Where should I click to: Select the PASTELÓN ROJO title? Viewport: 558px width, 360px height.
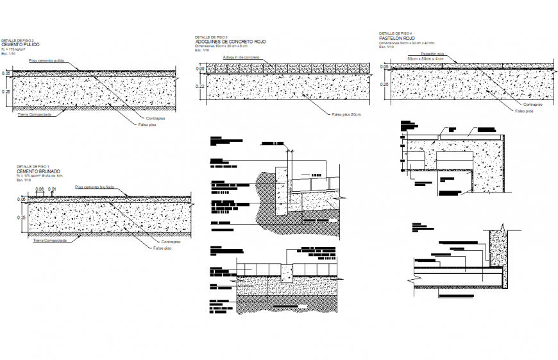397,38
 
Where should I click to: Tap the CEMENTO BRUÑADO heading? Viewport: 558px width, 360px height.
38,171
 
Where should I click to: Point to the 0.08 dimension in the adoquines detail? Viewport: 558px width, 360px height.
200,69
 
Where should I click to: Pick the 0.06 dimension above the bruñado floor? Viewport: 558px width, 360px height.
40,189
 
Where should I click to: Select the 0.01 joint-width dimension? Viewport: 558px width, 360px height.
53,189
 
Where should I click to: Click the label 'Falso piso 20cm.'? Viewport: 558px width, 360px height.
347,115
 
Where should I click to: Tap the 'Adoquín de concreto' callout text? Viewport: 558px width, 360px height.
241,58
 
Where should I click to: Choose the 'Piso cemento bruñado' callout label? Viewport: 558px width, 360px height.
94,187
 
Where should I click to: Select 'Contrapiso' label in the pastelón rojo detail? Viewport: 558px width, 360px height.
533,103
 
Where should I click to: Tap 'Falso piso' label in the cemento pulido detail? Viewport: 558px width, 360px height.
148,124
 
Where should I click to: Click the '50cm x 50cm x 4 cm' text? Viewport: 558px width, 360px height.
426,58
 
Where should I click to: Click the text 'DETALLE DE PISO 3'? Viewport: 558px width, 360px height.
212,37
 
